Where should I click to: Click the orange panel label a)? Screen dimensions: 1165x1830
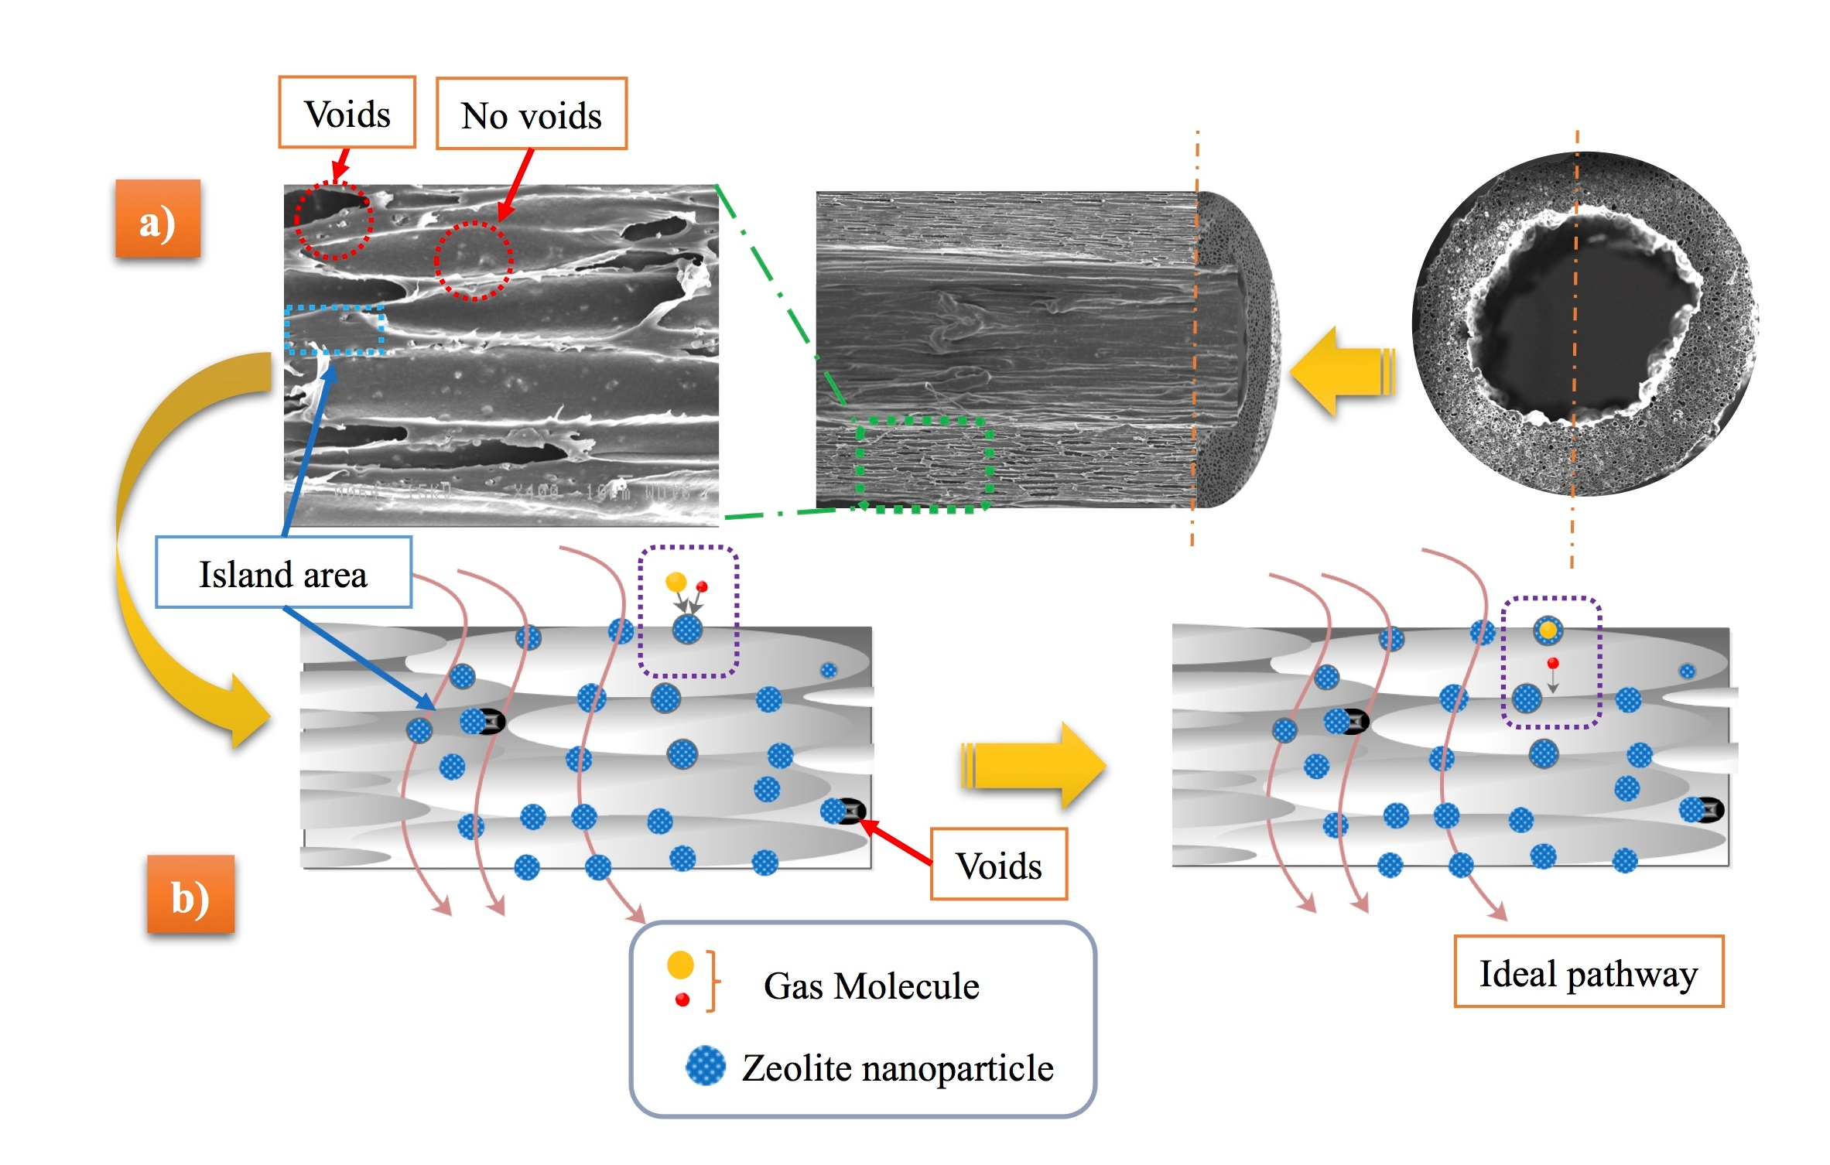pos(158,219)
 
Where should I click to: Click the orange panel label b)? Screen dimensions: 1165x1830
pos(190,894)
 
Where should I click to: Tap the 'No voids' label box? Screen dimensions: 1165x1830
pos(532,114)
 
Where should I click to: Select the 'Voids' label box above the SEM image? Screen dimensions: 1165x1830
pos(347,113)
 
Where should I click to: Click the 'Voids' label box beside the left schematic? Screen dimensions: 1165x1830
pos(998,865)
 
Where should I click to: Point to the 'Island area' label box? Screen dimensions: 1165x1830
pos(283,573)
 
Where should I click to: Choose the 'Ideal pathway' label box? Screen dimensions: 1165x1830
pos(1588,972)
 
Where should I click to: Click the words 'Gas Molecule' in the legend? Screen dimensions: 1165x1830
pos(871,986)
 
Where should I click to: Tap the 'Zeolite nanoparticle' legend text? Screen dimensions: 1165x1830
pos(898,1068)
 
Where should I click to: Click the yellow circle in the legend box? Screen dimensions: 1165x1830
pos(680,965)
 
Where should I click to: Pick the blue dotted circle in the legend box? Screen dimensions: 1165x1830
pos(705,1066)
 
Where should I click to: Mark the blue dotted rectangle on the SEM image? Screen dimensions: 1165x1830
pos(334,330)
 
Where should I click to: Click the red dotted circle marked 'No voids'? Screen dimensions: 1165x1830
pos(474,261)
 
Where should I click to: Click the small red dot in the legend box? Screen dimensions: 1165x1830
pos(682,1000)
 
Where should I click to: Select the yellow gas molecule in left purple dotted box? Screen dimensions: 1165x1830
pos(676,582)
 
